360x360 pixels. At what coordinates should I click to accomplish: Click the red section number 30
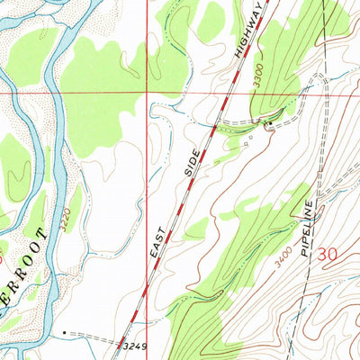329,256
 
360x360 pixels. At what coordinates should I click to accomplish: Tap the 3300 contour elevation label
258,78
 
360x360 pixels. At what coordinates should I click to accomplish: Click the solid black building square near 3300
267,122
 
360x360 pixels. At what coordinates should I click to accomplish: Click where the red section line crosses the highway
228,91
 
